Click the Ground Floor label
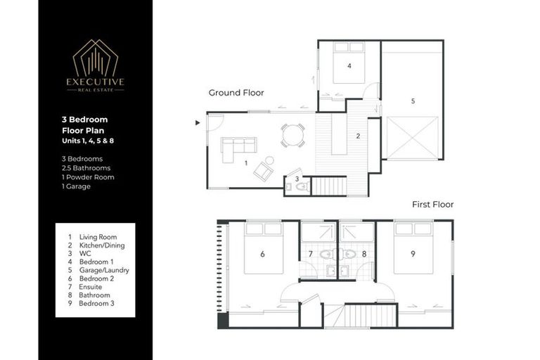236,93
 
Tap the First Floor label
432,205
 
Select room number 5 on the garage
413,101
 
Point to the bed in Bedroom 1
349,64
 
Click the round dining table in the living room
292,134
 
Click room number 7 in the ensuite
310,254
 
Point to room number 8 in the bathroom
364,254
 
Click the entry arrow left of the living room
198,123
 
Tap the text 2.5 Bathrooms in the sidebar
87,168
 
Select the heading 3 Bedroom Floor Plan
84,125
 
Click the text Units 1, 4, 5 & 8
87,143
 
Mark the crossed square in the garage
413,138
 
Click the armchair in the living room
264,170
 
